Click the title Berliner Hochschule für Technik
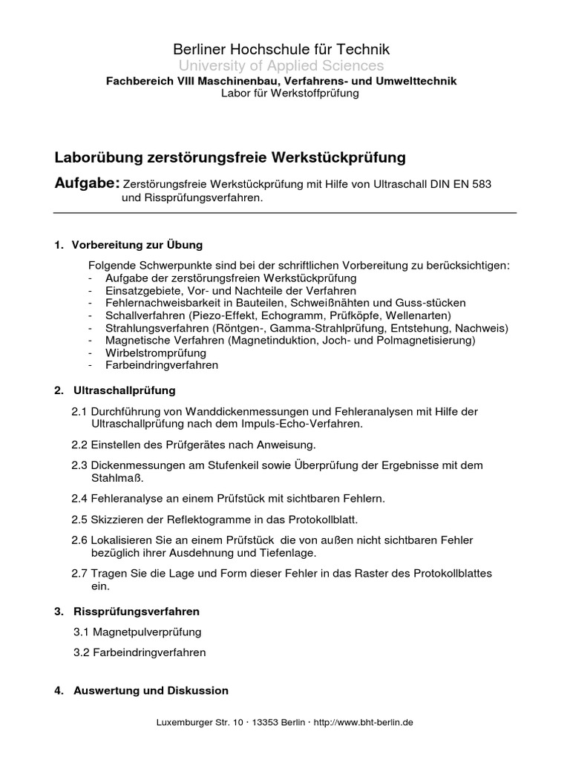click(x=281, y=50)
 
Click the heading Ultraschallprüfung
click(x=124, y=390)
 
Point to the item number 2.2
click(x=79, y=445)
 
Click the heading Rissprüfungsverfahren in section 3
click(x=137, y=612)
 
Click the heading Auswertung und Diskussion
click(x=151, y=690)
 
